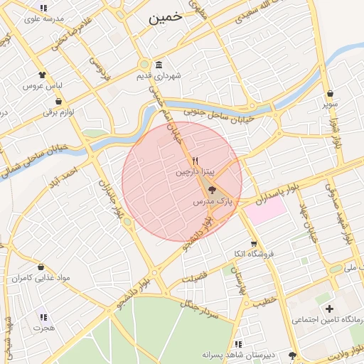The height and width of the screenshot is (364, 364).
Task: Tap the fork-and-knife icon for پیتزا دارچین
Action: pyautogui.click(x=195, y=161)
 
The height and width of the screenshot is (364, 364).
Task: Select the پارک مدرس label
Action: pyautogui.click(x=213, y=203)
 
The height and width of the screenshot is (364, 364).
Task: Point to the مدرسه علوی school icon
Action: pyautogui.click(x=43, y=9)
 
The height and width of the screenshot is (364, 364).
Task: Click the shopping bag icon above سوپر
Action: pyautogui.click(x=330, y=93)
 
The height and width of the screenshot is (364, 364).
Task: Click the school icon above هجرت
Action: pyautogui.click(x=43, y=317)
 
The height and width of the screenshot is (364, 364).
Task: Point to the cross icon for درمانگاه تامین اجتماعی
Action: pyautogui.click(x=329, y=309)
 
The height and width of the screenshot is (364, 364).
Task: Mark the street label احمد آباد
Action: pyautogui.click(x=69, y=173)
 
